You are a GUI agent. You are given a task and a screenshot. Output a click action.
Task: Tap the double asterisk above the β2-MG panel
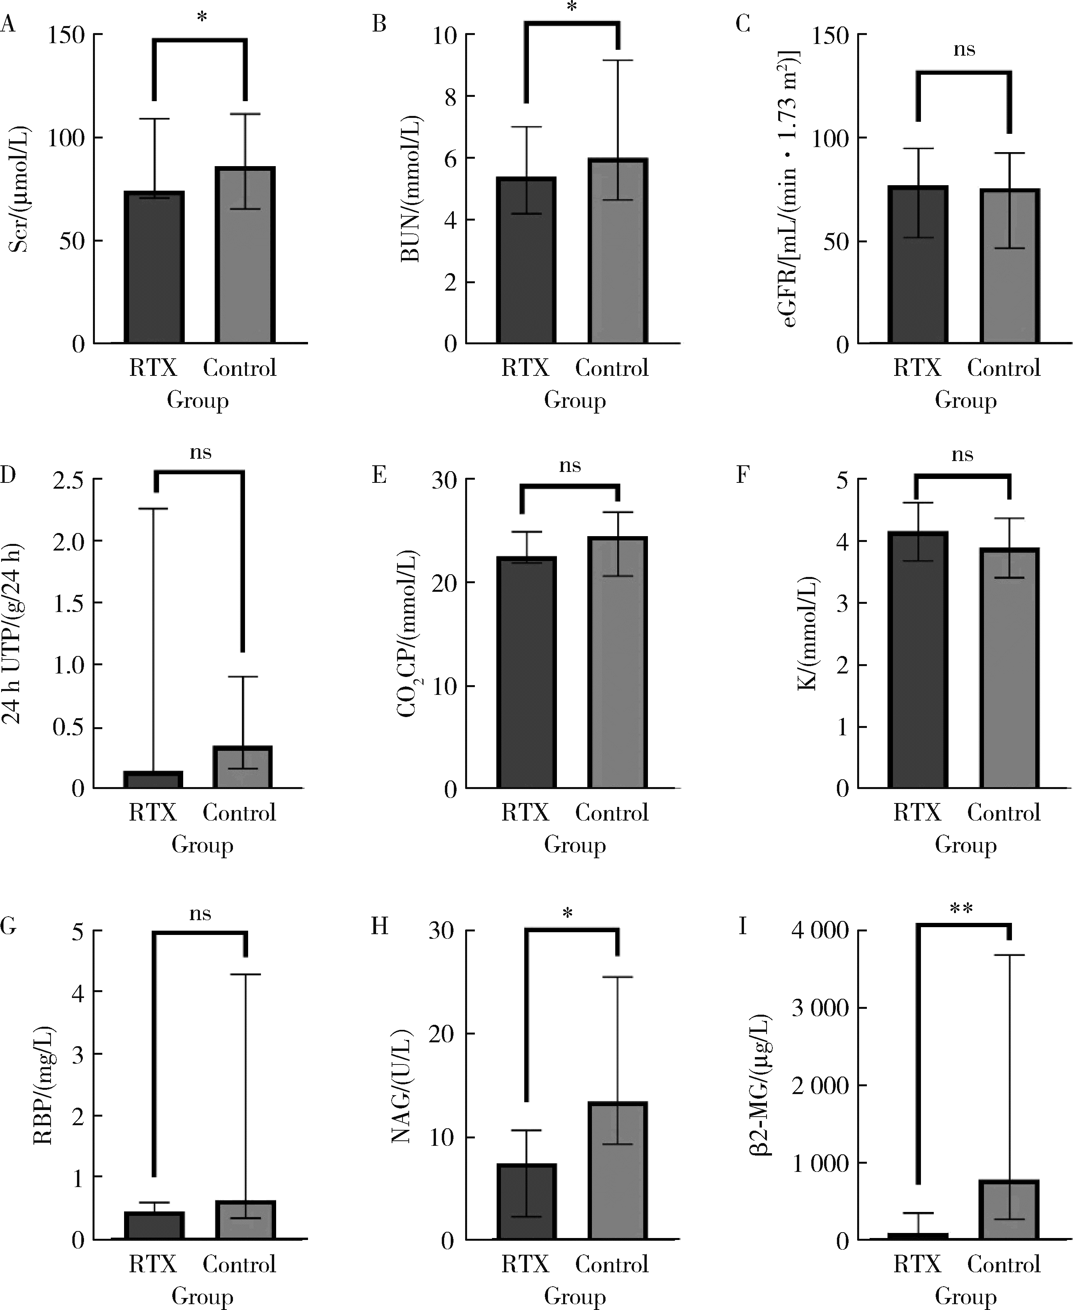961,909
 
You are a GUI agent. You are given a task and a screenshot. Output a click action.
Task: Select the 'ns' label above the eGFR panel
964,49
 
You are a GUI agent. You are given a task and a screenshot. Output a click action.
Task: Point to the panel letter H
380,927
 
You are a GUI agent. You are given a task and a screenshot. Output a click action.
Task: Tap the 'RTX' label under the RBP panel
153,1264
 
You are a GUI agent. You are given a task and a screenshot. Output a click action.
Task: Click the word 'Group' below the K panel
965,845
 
